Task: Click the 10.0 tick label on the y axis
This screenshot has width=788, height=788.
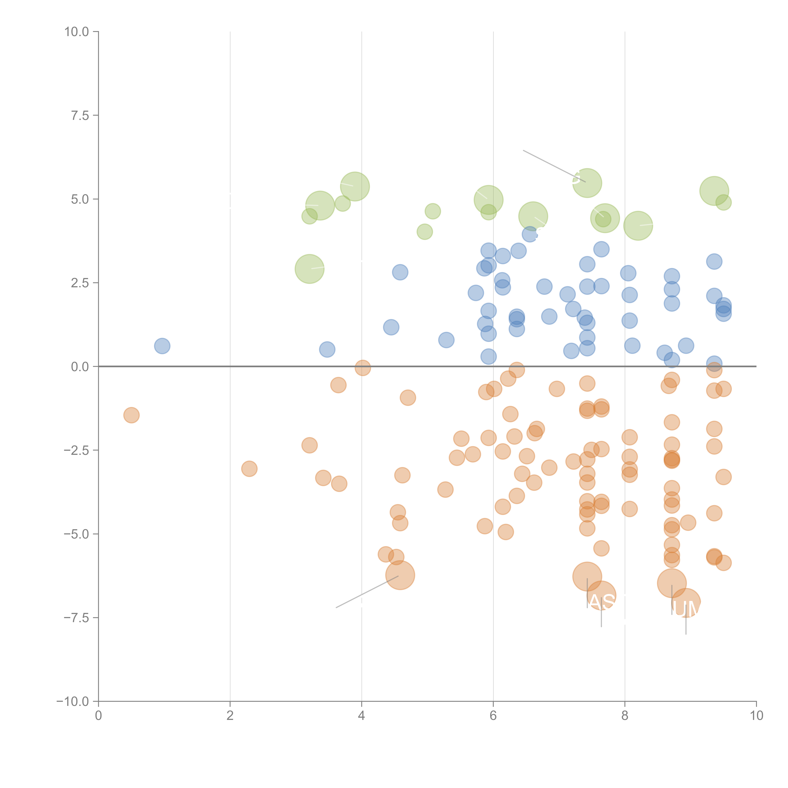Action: pyautogui.click(x=77, y=32)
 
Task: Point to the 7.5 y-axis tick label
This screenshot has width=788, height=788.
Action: pyautogui.click(x=80, y=115)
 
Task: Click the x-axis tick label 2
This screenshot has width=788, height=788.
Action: pyautogui.click(x=230, y=716)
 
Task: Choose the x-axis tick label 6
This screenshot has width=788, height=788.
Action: pyautogui.click(x=493, y=716)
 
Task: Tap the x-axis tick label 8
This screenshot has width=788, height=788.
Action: pyautogui.click(x=625, y=716)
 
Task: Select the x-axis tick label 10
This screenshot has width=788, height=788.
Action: pyautogui.click(x=756, y=716)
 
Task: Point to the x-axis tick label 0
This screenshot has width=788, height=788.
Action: pyautogui.click(x=98, y=716)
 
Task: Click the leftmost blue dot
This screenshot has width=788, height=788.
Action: pyautogui.click(x=162, y=346)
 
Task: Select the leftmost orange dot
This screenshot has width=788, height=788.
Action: pyautogui.click(x=131, y=415)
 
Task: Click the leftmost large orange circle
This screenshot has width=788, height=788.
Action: pyautogui.click(x=400, y=575)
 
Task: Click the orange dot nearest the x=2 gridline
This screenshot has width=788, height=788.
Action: pyautogui.click(x=249, y=469)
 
